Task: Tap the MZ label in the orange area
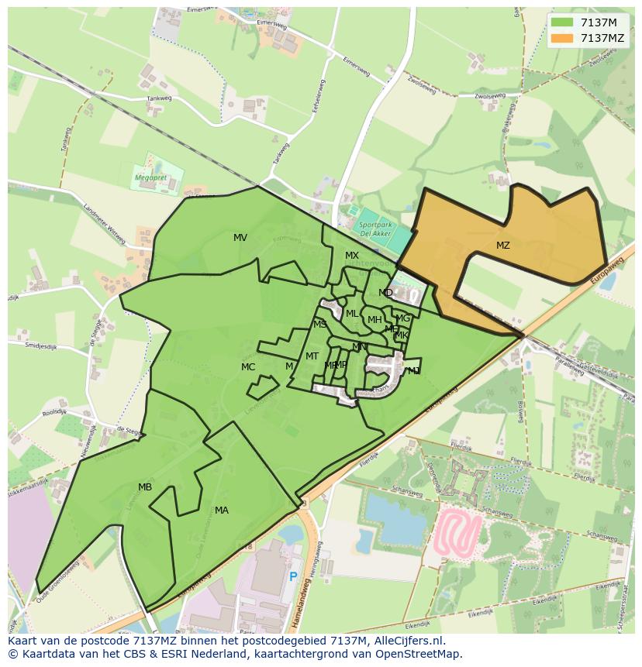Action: pyautogui.click(x=503, y=246)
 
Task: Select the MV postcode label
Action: pyautogui.click(x=240, y=238)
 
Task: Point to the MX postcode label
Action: pyautogui.click(x=352, y=256)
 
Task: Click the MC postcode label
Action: pyautogui.click(x=248, y=367)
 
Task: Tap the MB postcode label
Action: pyautogui.click(x=145, y=487)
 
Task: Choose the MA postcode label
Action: pyautogui.click(x=222, y=511)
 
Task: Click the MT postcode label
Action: pyautogui.click(x=312, y=356)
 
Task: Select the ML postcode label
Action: pyautogui.click(x=352, y=314)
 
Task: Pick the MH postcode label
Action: pyautogui.click(x=374, y=320)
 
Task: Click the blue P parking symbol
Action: pyautogui.click(x=293, y=577)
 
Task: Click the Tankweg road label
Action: pyautogui.click(x=159, y=98)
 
